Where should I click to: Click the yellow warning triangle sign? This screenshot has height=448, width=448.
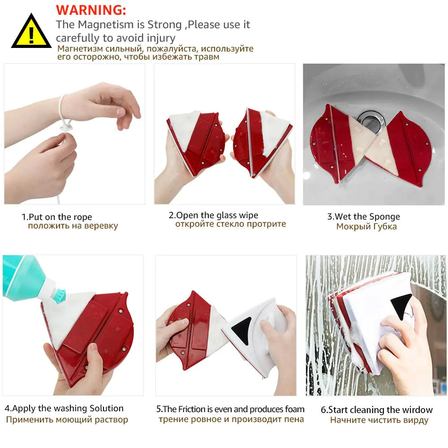(x=31, y=33)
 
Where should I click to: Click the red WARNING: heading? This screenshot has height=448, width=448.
(x=91, y=10)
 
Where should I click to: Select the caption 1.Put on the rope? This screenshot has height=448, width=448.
(x=57, y=217)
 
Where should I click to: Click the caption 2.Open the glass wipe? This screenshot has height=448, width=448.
(x=213, y=215)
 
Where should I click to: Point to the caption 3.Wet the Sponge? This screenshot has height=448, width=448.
(x=363, y=216)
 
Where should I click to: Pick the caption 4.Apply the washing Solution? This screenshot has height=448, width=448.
(x=64, y=408)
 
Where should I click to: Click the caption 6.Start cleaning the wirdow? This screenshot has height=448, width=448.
(x=376, y=409)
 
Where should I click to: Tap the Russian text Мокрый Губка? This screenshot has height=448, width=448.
(x=366, y=227)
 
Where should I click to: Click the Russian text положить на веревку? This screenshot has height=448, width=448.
(x=73, y=226)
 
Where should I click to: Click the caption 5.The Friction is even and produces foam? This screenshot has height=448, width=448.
(x=230, y=409)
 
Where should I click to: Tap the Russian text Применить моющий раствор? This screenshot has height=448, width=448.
(x=67, y=420)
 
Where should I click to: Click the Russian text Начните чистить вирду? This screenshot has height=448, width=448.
(x=379, y=420)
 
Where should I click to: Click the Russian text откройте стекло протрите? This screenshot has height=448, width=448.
(x=230, y=224)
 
